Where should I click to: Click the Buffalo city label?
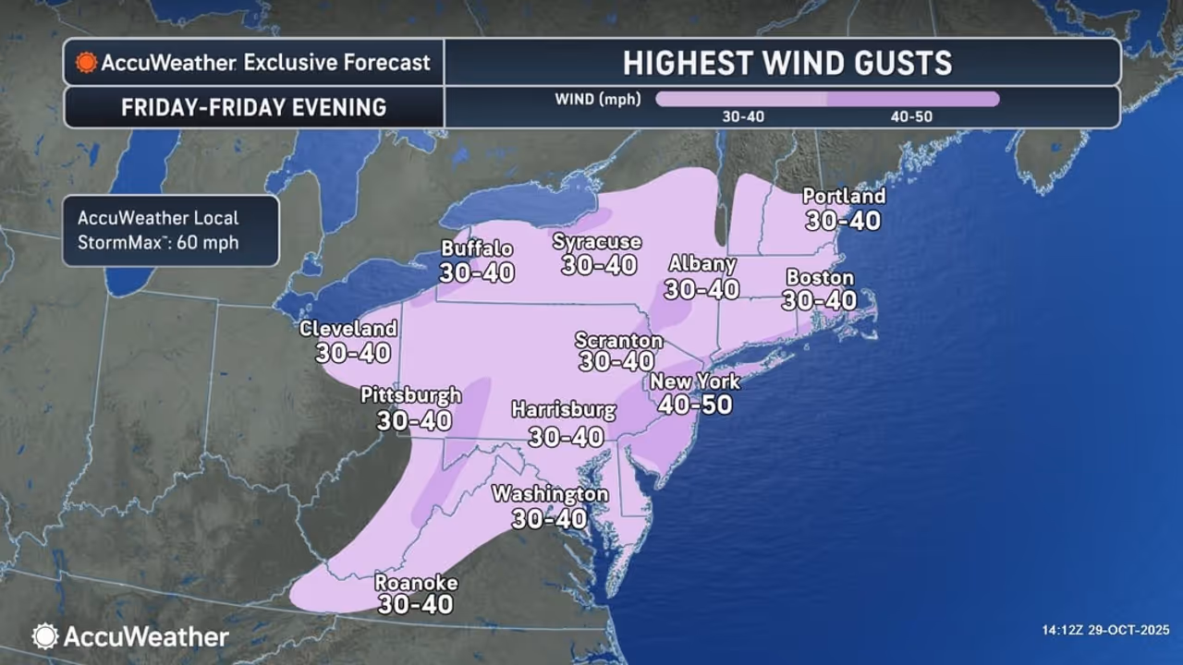click(x=477, y=248)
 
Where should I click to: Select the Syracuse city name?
click(x=597, y=241)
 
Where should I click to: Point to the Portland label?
click(x=844, y=196)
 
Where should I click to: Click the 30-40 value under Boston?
click(x=819, y=300)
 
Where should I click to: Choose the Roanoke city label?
click(x=416, y=583)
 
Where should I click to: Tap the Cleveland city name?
click(x=348, y=329)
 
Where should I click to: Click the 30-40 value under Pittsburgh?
click(x=414, y=420)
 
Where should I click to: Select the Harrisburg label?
click(x=564, y=409)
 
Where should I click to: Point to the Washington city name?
click(x=550, y=494)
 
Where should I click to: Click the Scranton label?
click(x=618, y=340)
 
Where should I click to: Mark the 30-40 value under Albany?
click(x=701, y=289)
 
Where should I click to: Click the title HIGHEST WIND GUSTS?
click(x=787, y=63)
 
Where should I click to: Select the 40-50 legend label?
click(x=911, y=117)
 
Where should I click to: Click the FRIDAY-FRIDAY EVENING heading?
click(x=253, y=107)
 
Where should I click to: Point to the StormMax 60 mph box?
click(x=171, y=231)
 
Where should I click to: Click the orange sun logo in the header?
click(x=86, y=63)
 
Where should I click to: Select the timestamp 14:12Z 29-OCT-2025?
click(x=1104, y=631)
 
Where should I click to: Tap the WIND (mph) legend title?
click(x=598, y=99)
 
